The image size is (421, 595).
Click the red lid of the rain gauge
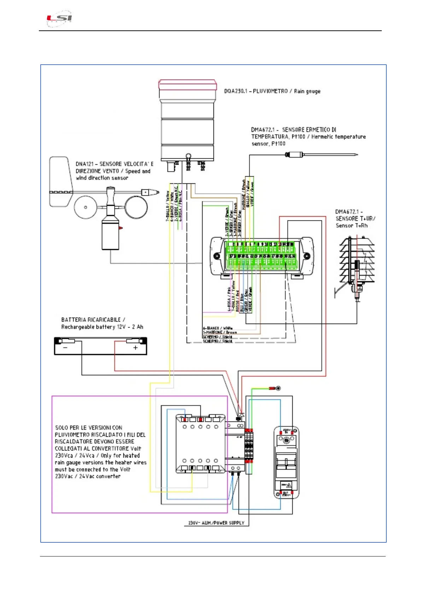187,85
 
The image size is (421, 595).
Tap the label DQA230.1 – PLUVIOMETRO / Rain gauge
272,91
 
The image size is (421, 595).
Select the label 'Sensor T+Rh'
351,226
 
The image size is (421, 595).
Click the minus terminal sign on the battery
65,348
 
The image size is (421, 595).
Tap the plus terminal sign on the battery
135,348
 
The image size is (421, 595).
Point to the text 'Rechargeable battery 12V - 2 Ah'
102,327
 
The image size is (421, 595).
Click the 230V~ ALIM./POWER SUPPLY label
216,523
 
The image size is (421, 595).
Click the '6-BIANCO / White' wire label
218,328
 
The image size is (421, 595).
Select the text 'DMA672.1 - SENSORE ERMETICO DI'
293,130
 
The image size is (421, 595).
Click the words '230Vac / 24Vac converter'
88,476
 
